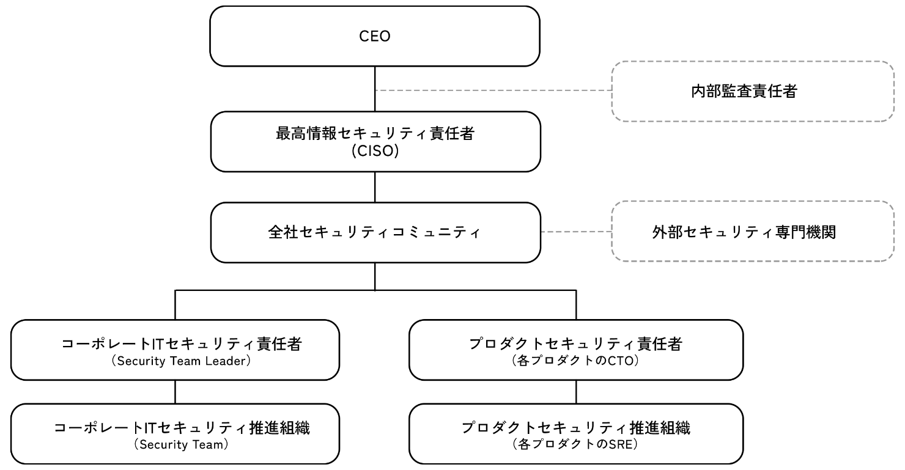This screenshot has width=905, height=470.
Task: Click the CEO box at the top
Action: (375, 36)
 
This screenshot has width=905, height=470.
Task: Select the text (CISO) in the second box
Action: (375, 150)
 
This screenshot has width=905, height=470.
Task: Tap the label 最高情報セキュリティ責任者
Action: (375, 134)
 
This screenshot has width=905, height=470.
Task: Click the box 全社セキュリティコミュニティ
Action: (375, 232)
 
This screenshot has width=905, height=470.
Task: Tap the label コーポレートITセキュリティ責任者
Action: (182, 344)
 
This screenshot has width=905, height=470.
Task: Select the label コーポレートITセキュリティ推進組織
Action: (182, 428)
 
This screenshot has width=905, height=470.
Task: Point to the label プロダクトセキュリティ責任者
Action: (575, 344)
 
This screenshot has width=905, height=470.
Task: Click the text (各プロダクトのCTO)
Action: (575, 361)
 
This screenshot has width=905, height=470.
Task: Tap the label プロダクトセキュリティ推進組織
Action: (575, 428)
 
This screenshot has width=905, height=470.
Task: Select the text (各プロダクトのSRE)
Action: (575, 445)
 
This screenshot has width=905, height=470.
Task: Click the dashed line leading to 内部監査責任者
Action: (493, 90)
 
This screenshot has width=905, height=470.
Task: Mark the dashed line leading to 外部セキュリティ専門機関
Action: (576, 232)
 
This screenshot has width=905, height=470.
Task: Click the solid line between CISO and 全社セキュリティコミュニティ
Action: (375, 187)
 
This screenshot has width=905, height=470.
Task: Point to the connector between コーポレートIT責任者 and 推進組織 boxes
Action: (175, 392)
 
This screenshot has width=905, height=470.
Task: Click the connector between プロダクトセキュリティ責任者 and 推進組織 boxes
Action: (575, 392)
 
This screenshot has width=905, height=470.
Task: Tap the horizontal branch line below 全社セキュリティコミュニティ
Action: (275, 290)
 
